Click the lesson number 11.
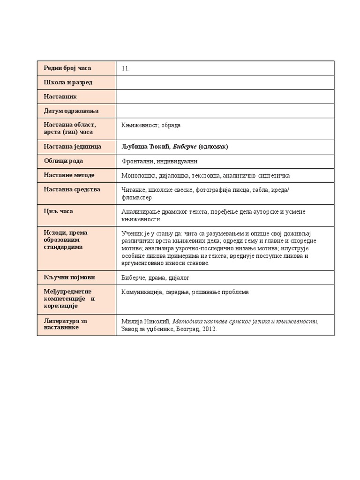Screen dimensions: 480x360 (125, 68)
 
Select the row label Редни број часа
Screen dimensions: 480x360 (67, 68)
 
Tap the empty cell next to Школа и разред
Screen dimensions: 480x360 (225, 82)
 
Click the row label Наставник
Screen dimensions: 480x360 (60, 97)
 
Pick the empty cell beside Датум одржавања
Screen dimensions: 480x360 (225, 111)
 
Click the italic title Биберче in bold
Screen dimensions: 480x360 (184, 147)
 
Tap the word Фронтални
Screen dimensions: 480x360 (136, 161)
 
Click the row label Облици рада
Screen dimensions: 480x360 (63, 161)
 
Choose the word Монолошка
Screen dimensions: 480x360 (137, 175)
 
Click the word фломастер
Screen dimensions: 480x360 (136, 197)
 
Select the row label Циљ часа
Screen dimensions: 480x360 (58, 211)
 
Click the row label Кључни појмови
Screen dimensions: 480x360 (66, 277)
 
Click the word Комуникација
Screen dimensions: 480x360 (142, 292)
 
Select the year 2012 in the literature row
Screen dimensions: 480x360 (209, 329)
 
